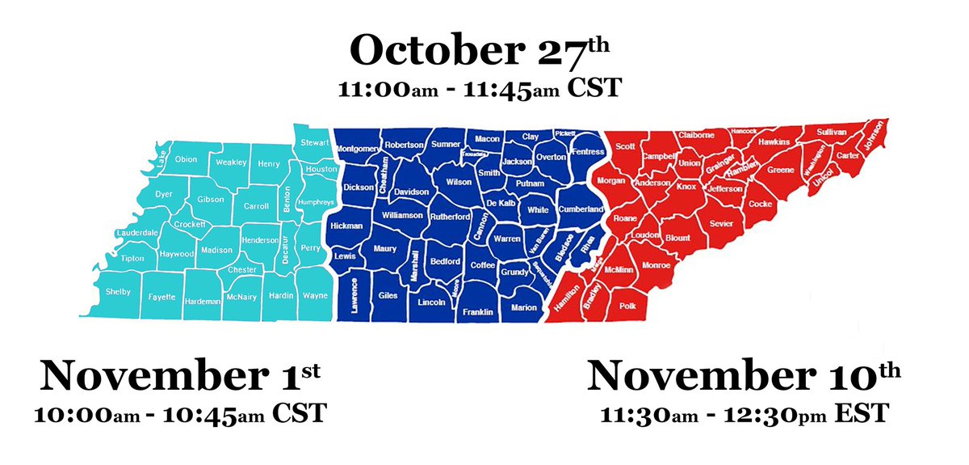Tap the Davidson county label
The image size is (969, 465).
point(412,192)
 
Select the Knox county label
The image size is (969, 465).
point(686,187)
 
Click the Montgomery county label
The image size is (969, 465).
point(356,149)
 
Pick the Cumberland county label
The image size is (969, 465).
point(581,209)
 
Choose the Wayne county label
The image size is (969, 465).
point(314,295)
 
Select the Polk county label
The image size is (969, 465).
point(627,306)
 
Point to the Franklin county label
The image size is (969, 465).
point(477,312)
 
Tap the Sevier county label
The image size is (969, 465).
point(720,223)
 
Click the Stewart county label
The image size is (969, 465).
point(314,143)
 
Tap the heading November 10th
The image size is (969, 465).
point(743,377)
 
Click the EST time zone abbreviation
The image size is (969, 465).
point(862,414)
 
